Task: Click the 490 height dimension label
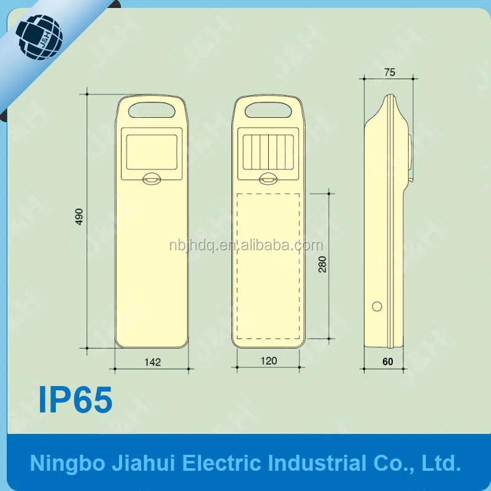[80, 217]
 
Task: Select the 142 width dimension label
[152, 362]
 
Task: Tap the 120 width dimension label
[269, 361]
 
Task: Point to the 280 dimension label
[322, 265]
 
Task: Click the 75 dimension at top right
[390, 72]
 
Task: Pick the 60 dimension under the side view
[388, 361]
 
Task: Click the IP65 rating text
[75, 400]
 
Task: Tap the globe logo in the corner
[39, 37]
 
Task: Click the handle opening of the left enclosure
[152, 110]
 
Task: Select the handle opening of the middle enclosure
[268, 110]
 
